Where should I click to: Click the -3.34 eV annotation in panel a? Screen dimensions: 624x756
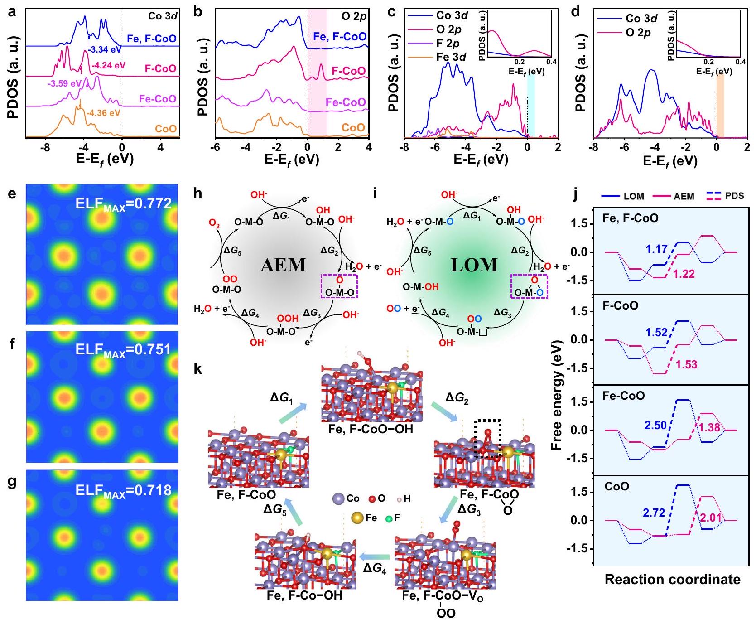pyautogui.click(x=105, y=50)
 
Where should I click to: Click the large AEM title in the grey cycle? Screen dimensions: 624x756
pyautogui.click(x=283, y=265)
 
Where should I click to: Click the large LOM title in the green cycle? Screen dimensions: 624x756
pyautogui.click(x=474, y=265)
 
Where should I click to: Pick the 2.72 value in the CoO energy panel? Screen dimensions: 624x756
pyautogui.click(x=654, y=513)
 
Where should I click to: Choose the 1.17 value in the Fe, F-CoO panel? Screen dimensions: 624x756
pyautogui.click(x=656, y=249)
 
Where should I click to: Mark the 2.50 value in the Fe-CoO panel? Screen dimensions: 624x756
pyautogui.click(x=655, y=426)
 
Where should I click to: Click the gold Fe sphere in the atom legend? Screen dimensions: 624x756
pyautogui.click(x=358, y=518)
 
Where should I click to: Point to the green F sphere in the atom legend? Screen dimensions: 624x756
pyautogui.click(x=388, y=518)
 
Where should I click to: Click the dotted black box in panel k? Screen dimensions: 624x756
pyautogui.click(x=487, y=438)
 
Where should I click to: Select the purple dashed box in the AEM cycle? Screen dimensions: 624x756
pyautogui.click(x=339, y=286)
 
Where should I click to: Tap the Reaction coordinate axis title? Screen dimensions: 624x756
pyautogui.click(x=672, y=580)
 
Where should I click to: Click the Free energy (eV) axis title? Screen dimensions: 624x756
pyautogui.click(x=557, y=395)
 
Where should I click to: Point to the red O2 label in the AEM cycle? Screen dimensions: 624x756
pyautogui.click(x=214, y=223)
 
